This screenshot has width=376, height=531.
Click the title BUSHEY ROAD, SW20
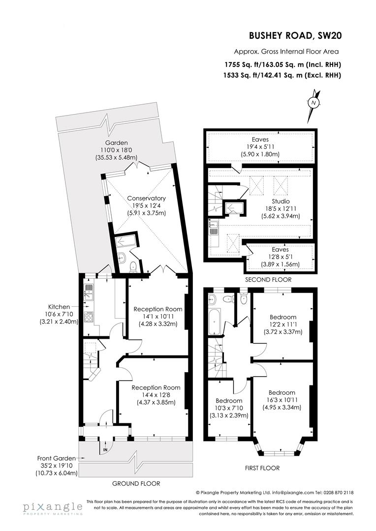295,35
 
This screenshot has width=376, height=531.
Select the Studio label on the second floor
281,201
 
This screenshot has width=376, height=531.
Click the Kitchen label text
59,306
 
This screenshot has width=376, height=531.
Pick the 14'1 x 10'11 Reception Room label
157,309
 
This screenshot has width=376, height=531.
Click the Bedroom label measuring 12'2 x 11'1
282,317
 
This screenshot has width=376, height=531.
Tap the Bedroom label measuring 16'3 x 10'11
282,392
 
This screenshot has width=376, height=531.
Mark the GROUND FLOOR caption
136,483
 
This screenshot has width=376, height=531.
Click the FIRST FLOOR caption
262,468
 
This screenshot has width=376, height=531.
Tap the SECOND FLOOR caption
268,279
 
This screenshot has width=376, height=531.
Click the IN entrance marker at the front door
104,449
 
